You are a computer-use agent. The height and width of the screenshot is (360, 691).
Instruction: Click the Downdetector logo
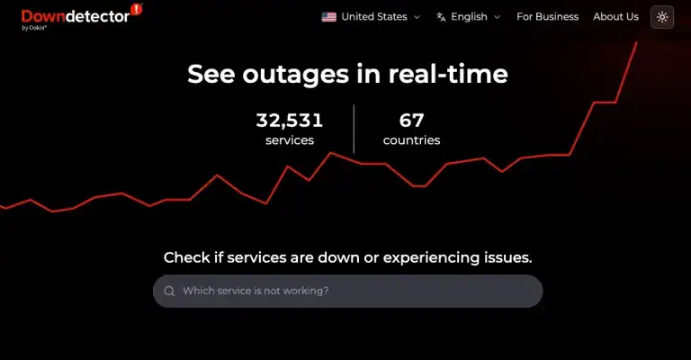pyautogui.click(x=76, y=16)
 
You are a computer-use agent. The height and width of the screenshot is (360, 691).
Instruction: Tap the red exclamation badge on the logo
pyautogui.click(x=137, y=10)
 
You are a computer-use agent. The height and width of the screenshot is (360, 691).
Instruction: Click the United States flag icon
pyautogui.click(x=328, y=17)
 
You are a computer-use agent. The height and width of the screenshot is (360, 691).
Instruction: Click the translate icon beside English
pyautogui.click(x=441, y=17)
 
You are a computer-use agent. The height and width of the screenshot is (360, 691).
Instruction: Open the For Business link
pyautogui.click(x=547, y=17)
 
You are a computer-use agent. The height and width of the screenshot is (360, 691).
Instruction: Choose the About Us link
pyautogui.click(x=615, y=17)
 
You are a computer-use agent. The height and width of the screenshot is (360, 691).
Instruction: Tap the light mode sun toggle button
pyautogui.click(x=662, y=17)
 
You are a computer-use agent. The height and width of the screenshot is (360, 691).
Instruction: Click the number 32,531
pyautogui.click(x=289, y=121)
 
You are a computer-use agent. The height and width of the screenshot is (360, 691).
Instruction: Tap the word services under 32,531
pyautogui.click(x=289, y=140)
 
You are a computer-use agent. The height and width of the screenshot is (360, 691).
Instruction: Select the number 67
pyautogui.click(x=411, y=121)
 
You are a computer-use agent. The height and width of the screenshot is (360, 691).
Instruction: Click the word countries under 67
pyautogui.click(x=411, y=140)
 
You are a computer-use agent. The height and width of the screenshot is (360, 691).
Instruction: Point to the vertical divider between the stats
pyautogui.click(x=354, y=129)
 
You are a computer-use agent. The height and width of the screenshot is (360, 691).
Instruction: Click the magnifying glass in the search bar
pyautogui.click(x=169, y=292)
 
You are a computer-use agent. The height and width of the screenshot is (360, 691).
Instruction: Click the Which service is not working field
pyautogui.click(x=351, y=292)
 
